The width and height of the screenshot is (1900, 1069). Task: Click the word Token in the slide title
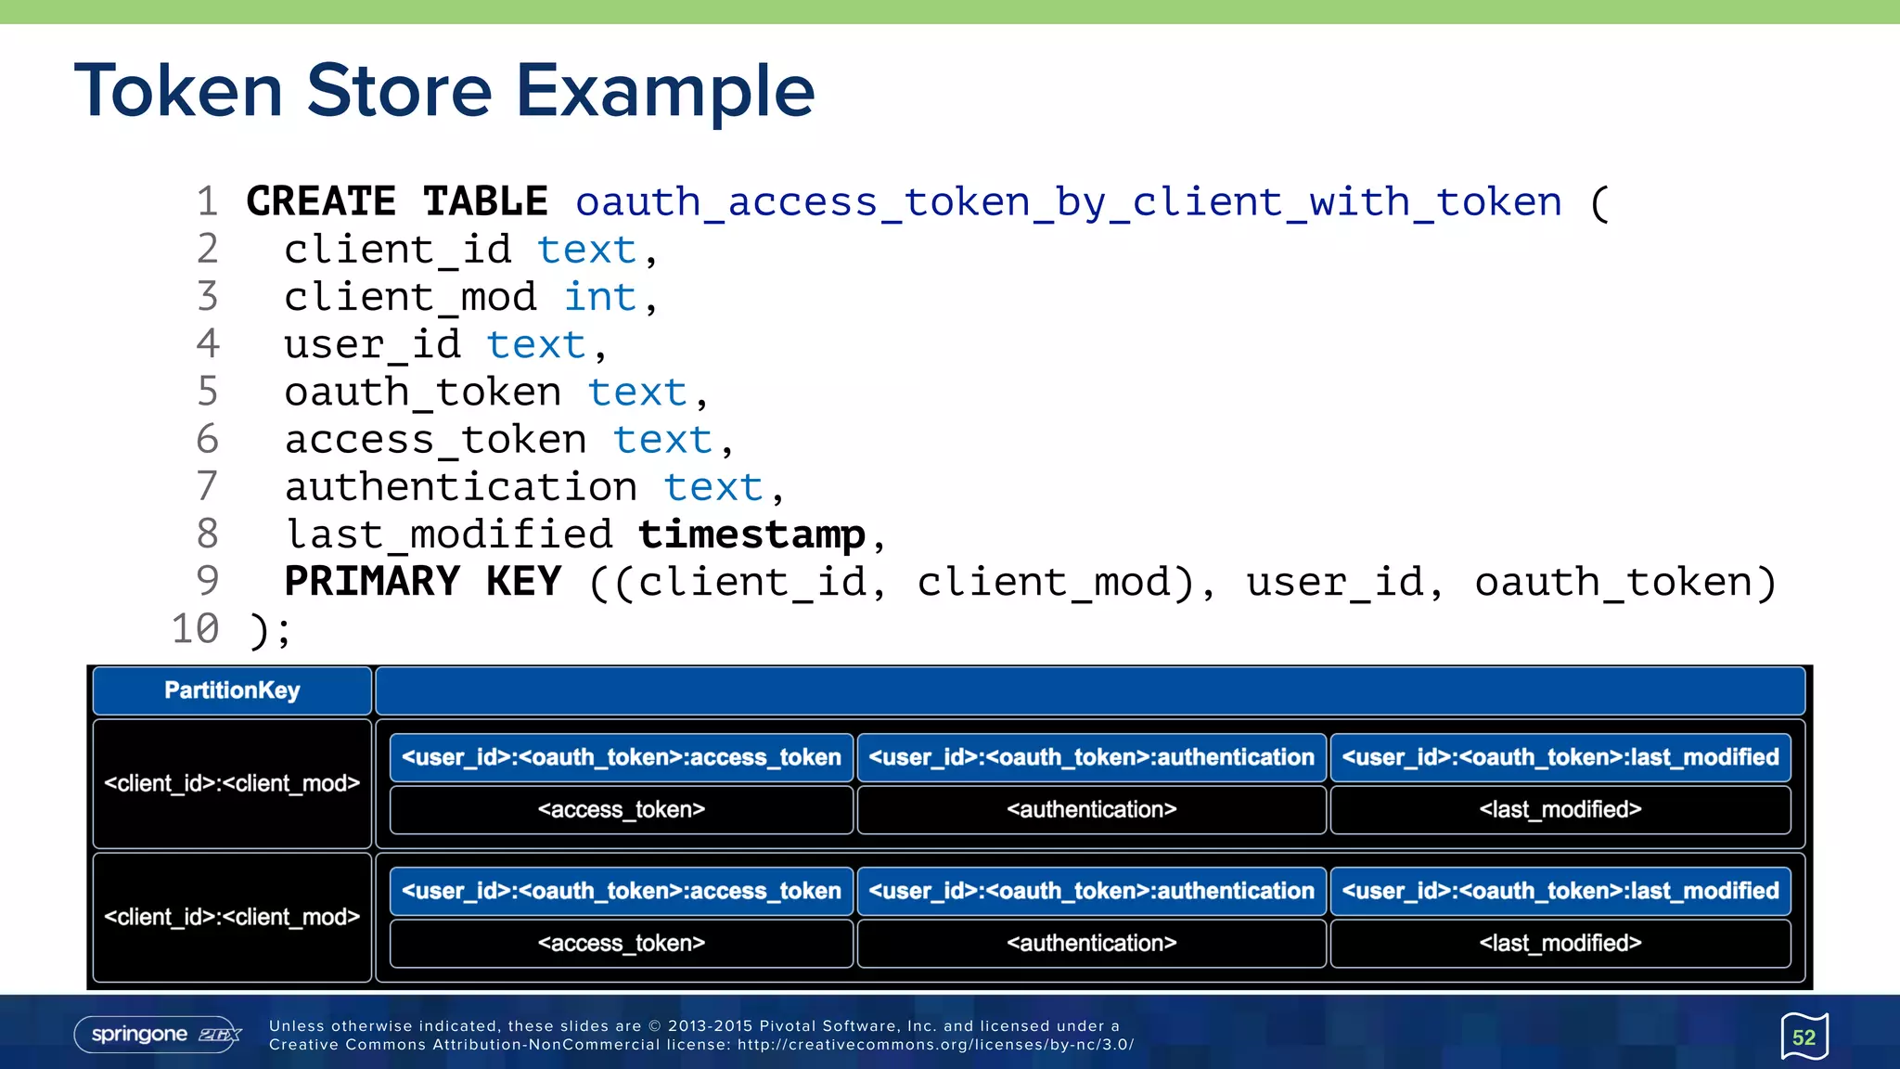point(178,91)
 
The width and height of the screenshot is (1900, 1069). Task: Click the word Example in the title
point(664,91)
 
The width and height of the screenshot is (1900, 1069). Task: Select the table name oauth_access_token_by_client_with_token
point(1068,202)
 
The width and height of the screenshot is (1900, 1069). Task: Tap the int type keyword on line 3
point(599,297)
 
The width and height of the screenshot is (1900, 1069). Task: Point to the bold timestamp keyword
point(751,534)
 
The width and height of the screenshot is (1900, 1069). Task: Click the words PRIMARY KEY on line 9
point(422,582)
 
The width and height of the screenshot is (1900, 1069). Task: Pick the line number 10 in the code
point(195,629)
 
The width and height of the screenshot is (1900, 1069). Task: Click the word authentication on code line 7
point(461,487)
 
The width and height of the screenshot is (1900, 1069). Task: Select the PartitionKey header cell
point(232,690)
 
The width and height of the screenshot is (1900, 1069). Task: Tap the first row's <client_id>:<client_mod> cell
point(232,783)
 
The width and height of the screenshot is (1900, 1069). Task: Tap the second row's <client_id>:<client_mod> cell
point(232,917)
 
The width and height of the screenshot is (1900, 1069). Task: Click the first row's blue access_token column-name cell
point(621,757)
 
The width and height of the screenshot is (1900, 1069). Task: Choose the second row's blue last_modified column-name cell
point(1560,891)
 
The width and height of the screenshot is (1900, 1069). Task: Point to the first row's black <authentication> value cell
point(1091,809)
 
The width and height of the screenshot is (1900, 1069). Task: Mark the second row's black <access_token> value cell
point(621,943)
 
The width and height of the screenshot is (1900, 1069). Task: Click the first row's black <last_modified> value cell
point(1560,809)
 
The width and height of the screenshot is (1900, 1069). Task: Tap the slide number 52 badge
point(1804,1037)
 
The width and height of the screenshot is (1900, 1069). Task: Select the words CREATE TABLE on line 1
point(397,202)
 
